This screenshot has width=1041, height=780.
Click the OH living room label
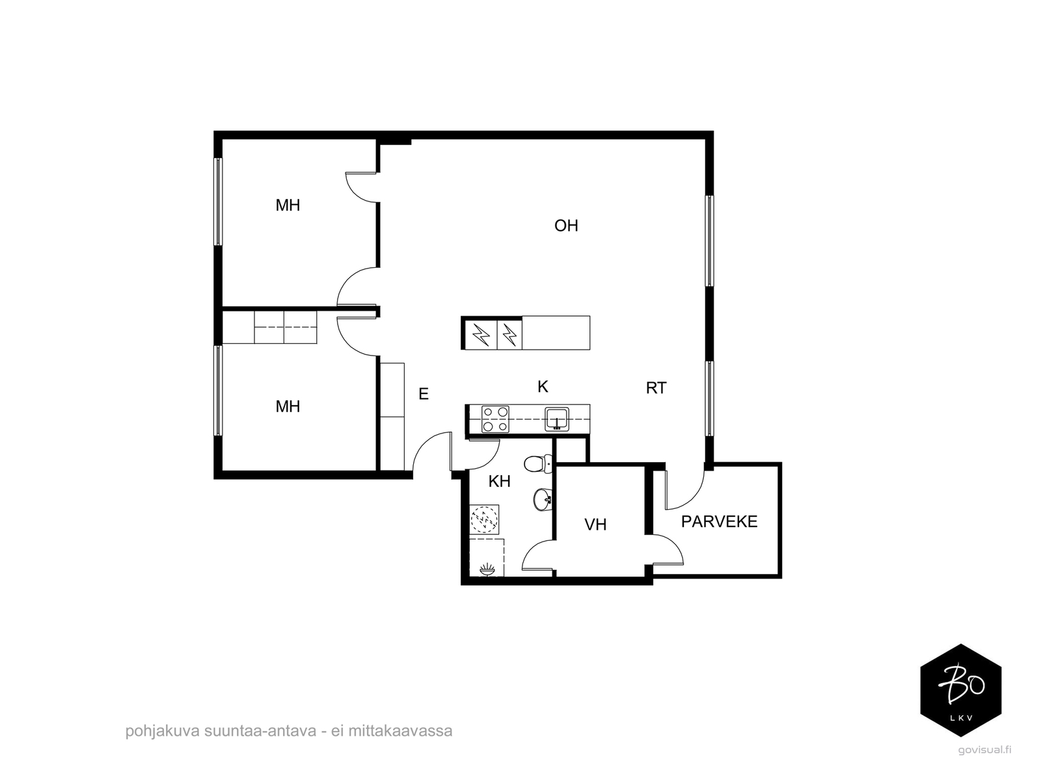pos(566,226)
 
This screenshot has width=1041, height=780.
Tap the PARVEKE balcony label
pos(719,521)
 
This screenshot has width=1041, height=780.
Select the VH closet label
pos(595,525)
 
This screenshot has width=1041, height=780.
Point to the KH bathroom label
pos(499,482)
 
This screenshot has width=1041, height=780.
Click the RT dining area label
pos(656,388)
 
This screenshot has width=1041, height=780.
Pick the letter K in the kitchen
pos(543,387)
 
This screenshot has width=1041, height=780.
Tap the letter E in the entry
pos(424,394)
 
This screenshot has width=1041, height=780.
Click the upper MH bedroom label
pos(288,205)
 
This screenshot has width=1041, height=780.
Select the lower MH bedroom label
pos(288,406)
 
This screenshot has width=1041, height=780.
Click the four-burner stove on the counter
pos(495,419)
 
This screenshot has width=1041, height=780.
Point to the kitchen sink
pos(557,419)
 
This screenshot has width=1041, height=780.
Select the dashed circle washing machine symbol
pos(484,519)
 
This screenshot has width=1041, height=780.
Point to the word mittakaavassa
pos(400,731)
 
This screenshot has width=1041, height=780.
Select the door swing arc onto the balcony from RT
pos(694,498)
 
